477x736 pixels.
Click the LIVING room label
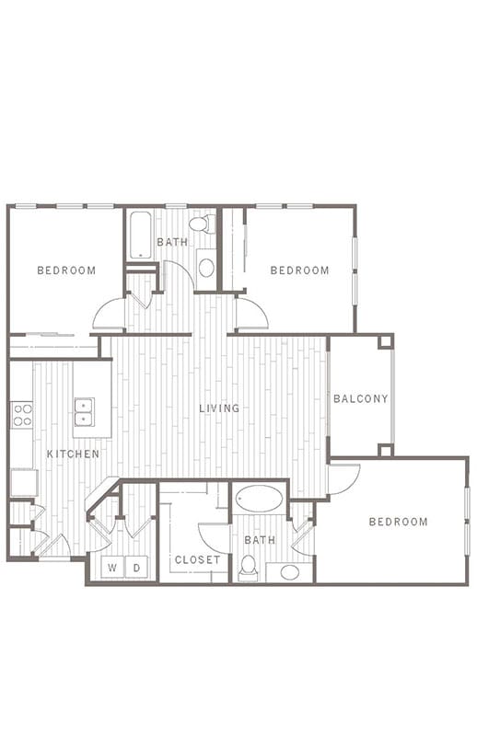point(219,408)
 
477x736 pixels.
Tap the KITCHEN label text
point(74,454)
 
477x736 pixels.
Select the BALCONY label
point(360,398)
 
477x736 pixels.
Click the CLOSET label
point(197,559)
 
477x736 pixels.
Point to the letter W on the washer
point(112,568)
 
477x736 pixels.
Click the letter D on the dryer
point(137,568)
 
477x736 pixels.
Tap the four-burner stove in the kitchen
point(22,415)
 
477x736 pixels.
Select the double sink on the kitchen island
point(84,412)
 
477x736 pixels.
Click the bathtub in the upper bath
point(141,236)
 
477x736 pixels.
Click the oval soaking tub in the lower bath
point(259,498)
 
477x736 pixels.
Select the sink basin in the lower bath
point(290,572)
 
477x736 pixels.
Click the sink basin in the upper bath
point(206,268)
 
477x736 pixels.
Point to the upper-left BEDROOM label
point(66,270)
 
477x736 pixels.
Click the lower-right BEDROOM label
point(399,522)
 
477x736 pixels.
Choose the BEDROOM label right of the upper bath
point(300,270)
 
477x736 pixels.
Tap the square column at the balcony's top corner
point(386,341)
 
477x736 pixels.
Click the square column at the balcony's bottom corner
point(386,450)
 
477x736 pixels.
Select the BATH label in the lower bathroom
point(260,540)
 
